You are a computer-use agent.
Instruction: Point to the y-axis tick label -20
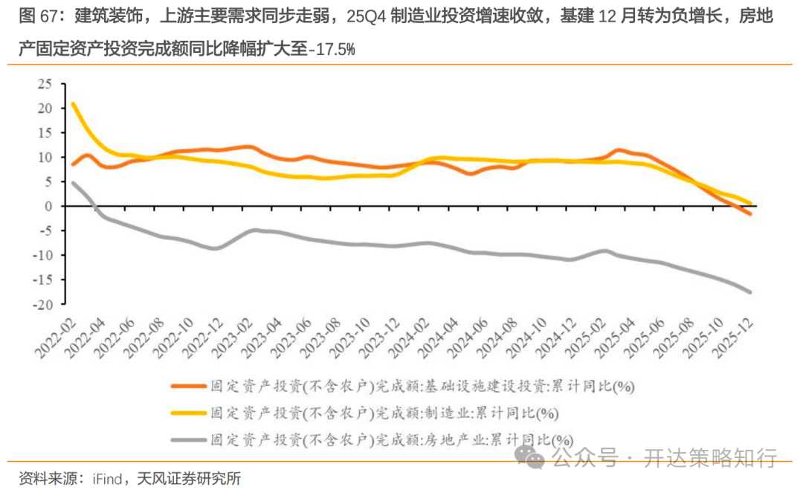45,304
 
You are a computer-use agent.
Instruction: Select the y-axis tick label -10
45,255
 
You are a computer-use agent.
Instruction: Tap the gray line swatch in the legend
188,439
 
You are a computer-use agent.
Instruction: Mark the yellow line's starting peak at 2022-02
72,104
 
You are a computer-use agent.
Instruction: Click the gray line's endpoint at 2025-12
749,292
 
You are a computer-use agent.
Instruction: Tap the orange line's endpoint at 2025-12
749,214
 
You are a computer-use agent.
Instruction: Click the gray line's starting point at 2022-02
72,183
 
